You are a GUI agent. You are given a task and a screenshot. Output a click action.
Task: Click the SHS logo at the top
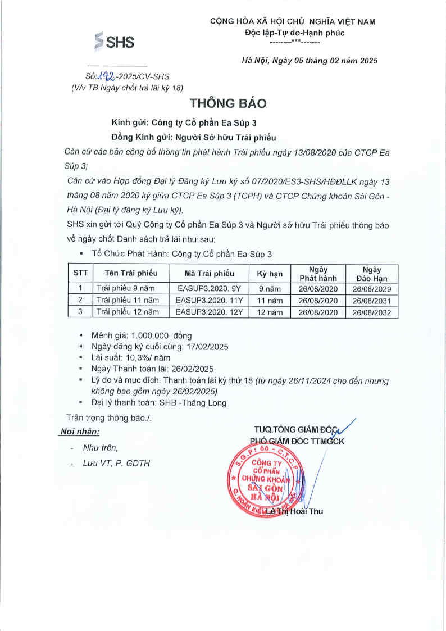coord(115,42)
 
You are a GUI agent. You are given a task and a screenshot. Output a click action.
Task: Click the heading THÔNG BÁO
coord(224,103)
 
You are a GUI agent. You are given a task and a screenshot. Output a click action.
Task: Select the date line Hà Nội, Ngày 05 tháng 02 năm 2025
coord(309,61)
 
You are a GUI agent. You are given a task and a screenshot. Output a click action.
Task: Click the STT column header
coord(80,274)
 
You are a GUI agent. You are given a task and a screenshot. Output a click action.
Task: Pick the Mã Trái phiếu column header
coord(209,274)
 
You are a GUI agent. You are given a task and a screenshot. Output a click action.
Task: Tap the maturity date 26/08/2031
coord(371,301)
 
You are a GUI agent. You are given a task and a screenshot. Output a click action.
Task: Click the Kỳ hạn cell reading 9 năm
coord(268,289)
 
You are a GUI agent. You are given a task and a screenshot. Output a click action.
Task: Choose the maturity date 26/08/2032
coord(371,312)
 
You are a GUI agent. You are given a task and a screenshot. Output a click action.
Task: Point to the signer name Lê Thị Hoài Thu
coord(294,511)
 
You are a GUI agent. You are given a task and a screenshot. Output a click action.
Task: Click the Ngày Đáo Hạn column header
coord(371,274)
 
